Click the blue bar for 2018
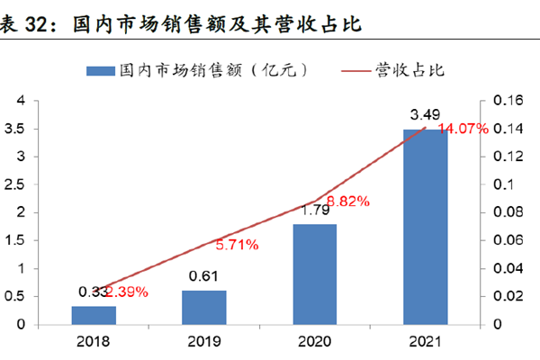[94, 314]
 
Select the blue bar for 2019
[203, 306]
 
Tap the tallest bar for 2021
[425, 226]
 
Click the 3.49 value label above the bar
[425, 115]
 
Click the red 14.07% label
[463, 129]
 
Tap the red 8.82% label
[348, 201]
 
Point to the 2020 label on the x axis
[313, 342]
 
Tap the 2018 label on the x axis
[94, 342]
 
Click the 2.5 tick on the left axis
[15, 184]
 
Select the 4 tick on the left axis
[20, 101]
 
